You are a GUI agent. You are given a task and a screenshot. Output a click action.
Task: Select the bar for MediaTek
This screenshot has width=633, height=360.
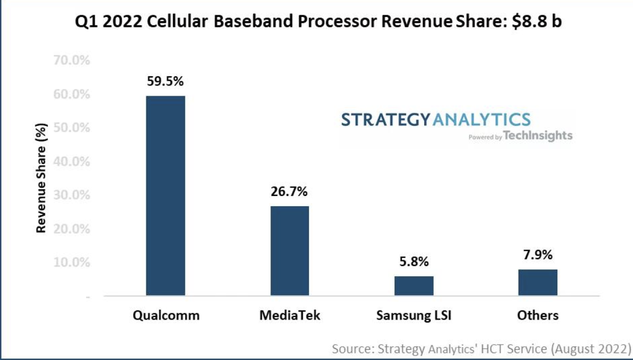[290, 251]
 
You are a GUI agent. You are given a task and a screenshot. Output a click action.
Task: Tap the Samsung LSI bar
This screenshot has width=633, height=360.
[414, 285]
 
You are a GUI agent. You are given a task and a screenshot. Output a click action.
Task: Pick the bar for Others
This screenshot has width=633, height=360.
[538, 282]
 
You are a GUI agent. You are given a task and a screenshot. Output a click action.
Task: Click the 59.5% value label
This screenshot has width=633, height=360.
[165, 81]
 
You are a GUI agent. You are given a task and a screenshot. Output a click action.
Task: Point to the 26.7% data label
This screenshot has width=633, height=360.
[289, 191]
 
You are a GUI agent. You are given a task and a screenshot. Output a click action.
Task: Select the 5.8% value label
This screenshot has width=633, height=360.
[414, 262]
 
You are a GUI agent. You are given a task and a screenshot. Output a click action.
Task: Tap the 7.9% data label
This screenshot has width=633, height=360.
[538, 255]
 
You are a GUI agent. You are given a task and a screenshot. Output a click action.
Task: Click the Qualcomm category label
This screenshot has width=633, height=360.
[166, 315]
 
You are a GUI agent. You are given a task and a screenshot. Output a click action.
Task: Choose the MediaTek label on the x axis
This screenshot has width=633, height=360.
[290, 315]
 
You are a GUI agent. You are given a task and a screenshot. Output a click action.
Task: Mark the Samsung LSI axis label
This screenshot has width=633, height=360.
[414, 315]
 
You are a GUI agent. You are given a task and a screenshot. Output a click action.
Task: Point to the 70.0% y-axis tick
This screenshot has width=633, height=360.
[72, 60]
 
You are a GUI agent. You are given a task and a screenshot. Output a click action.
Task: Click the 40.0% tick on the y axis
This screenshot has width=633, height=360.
[72, 161]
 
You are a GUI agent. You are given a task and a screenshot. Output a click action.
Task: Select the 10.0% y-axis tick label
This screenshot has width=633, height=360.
[72, 263]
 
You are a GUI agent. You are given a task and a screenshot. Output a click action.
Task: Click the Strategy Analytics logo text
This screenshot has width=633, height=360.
[435, 120]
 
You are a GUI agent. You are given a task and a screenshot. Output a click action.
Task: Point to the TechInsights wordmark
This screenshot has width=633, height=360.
[538, 136]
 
